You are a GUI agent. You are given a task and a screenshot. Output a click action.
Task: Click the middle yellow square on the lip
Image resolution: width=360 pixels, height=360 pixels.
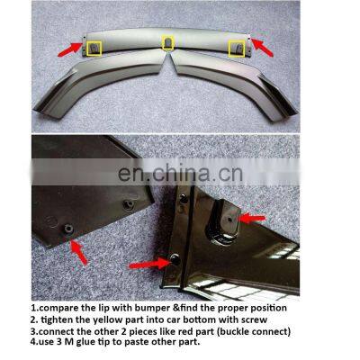167,42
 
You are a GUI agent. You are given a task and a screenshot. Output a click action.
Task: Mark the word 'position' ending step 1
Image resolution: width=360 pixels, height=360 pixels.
265,306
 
